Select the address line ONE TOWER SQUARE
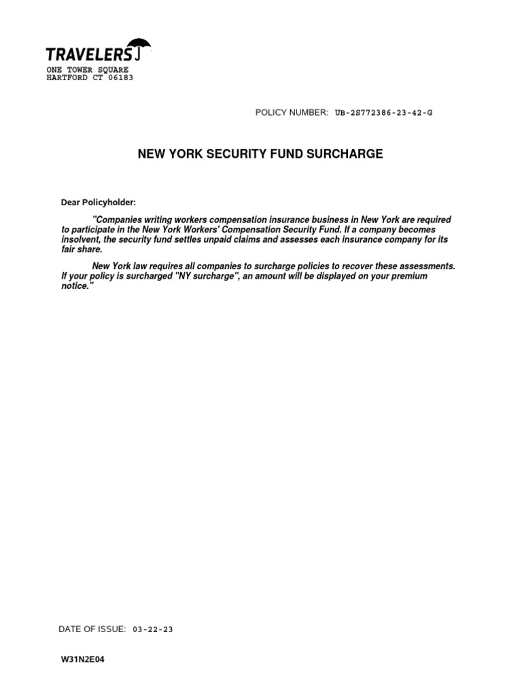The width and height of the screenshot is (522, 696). pos(87,70)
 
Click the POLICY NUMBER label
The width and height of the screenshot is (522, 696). pos(292,112)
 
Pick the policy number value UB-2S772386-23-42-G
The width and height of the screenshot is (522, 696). pos(384,112)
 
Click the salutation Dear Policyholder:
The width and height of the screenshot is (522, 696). pos(99,203)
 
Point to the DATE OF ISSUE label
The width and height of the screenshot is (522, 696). pos(92,629)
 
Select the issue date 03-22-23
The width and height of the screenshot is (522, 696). pos(152,629)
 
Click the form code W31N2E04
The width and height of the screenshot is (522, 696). pos(83,659)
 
